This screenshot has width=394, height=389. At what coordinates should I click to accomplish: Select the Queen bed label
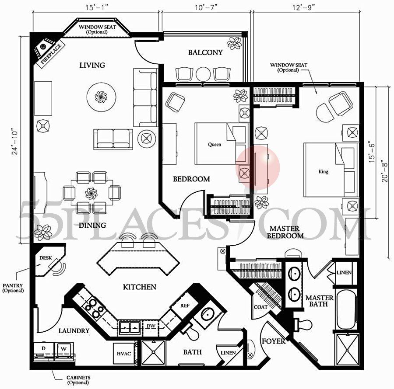(215, 144)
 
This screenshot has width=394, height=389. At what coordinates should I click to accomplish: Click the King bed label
(323, 172)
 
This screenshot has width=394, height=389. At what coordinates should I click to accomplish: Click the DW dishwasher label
(150, 326)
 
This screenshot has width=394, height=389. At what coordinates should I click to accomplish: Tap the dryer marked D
(43, 348)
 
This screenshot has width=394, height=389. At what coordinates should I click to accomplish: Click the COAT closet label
(261, 307)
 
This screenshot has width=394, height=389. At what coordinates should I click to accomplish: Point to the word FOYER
(274, 341)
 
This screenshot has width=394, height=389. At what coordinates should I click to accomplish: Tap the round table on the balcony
(203, 74)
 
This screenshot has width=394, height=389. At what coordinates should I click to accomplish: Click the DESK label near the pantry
(46, 258)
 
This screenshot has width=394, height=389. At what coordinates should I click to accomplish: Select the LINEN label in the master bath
(344, 273)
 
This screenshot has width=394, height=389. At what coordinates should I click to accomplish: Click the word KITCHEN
(139, 287)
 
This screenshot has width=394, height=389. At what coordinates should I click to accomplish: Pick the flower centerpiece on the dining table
(91, 193)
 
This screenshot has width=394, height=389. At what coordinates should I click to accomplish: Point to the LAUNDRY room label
(74, 331)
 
